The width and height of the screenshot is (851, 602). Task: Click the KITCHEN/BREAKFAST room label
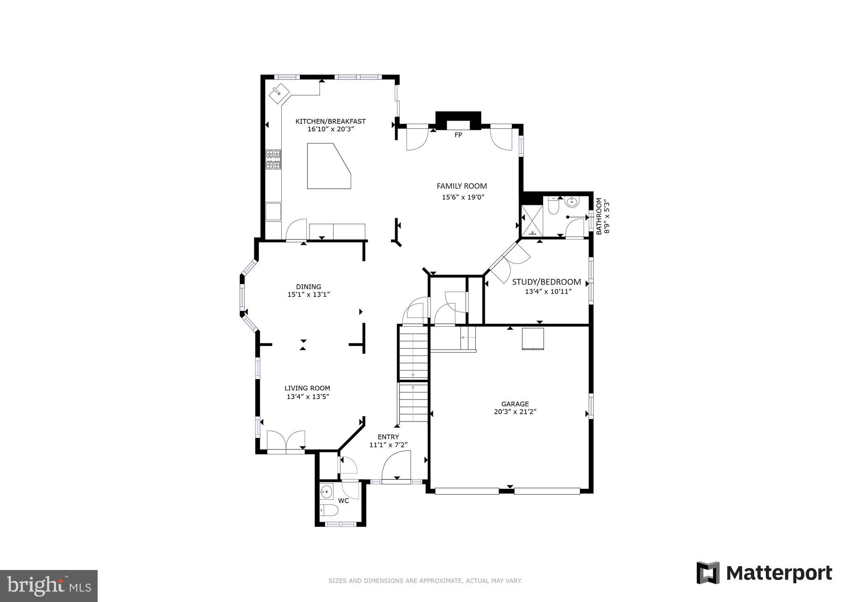pos(330,121)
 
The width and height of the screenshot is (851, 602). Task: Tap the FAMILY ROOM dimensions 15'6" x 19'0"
pos(463,197)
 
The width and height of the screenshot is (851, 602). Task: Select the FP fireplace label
pos(458,135)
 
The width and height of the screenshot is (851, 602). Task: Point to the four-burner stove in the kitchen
pos(273,160)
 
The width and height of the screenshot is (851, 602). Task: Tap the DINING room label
pos(308,286)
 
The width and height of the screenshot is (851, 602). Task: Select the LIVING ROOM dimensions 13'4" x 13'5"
pos(308,397)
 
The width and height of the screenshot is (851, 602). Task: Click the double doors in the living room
pos(286,441)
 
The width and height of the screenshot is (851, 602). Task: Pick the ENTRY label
pos(388,437)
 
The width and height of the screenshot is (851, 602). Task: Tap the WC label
pos(343,501)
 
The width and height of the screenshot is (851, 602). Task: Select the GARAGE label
pos(515,404)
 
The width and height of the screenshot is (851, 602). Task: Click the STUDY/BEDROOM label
pos(546,282)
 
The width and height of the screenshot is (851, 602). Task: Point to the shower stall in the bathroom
pos(532,221)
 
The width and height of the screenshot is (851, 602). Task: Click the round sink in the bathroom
pos(572,203)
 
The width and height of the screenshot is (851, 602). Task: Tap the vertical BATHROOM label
pos(599,216)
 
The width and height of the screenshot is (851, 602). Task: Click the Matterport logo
pos(764,573)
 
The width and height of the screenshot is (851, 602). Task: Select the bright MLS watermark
pos(49,586)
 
